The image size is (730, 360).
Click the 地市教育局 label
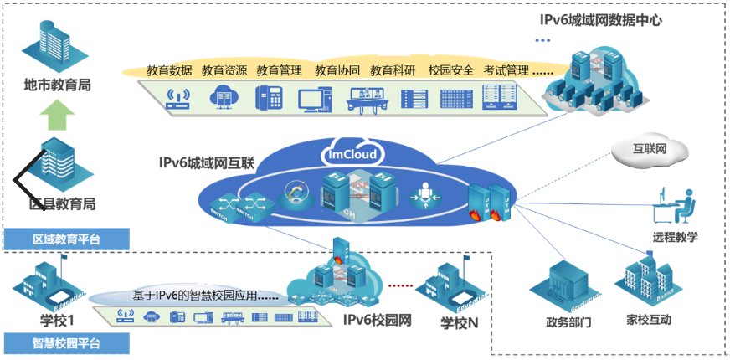[x=58, y=85]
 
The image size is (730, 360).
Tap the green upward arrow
[x=58, y=116]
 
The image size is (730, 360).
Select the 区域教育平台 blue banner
[x=67, y=239]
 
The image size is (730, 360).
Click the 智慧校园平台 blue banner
[x=67, y=343]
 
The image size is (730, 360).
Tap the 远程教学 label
[x=675, y=237]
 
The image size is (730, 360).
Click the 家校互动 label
[x=648, y=320]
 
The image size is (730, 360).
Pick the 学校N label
[x=460, y=323]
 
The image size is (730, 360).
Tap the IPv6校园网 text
[x=378, y=319]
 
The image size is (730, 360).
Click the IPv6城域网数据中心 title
[x=601, y=19]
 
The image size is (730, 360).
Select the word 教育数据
[x=169, y=70]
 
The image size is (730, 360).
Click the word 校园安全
[x=450, y=70]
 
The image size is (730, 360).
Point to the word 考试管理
[x=506, y=70]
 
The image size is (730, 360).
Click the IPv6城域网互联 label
[x=206, y=162]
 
